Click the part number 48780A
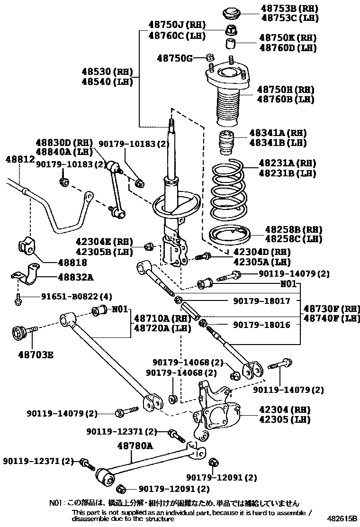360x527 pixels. [x=135, y=446]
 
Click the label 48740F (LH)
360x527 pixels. [x=331, y=318]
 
